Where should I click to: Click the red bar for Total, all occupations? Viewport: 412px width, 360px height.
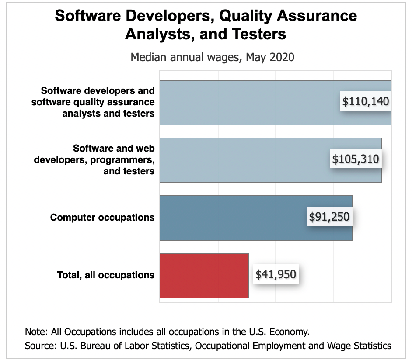pos(204,275)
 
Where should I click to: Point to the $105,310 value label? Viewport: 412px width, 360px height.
pos(355,159)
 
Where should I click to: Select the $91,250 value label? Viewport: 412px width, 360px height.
pos(329,217)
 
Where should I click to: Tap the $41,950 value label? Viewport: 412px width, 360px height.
pos(276,274)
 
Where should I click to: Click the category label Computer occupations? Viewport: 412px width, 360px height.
pos(102,217)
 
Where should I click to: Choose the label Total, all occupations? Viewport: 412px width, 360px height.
pos(106,275)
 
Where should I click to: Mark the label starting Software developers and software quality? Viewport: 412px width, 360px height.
pos(98,102)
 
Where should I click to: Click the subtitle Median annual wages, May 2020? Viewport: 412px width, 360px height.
pos(213,57)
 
